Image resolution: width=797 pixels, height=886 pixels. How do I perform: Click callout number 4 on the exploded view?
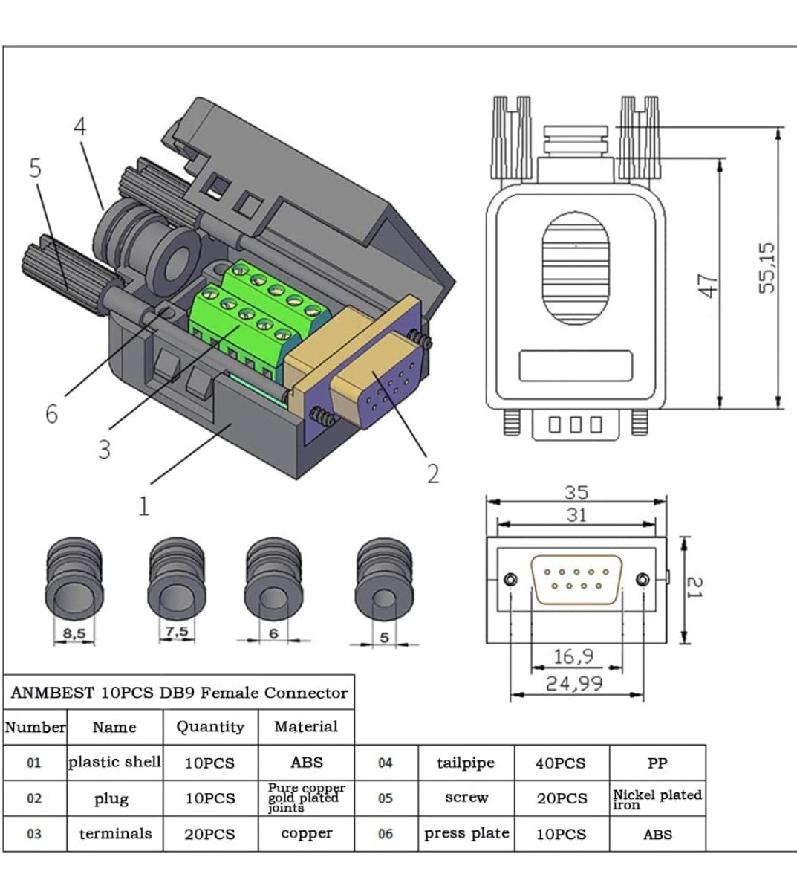pyautogui.click(x=79, y=127)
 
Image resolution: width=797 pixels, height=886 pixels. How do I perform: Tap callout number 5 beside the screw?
pyautogui.click(x=35, y=169)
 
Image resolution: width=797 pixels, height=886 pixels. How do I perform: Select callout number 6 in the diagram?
pyautogui.click(x=51, y=413)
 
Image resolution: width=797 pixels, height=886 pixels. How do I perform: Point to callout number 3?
pyautogui.click(x=104, y=449)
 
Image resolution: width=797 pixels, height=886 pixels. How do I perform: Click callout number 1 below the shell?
pyautogui.click(x=143, y=506)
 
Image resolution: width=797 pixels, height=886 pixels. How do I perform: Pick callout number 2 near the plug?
pyautogui.click(x=433, y=473)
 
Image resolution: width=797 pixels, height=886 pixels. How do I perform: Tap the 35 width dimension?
pyautogui.click(x=576, y=492)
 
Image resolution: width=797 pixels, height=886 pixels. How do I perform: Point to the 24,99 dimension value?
pyautogui.click(x=574, y=683)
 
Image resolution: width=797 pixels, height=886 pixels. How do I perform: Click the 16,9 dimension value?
pyautogui.click(x=573, y=656)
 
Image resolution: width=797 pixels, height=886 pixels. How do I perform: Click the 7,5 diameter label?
pyautogui.click(x=176, y=632)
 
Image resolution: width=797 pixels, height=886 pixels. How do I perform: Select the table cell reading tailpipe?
pyautogui.click(x=466, y=763)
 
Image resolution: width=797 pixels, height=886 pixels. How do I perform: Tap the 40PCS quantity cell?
pyautogui.click(x=561, y=763)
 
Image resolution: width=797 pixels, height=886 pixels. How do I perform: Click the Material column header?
pyautogui.click(x=305, y=727)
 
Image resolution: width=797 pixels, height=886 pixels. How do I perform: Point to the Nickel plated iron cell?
pyautogui.click(x=657, y=799)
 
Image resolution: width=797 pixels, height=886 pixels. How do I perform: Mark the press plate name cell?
pyautogui.click(x=466, y=833)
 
